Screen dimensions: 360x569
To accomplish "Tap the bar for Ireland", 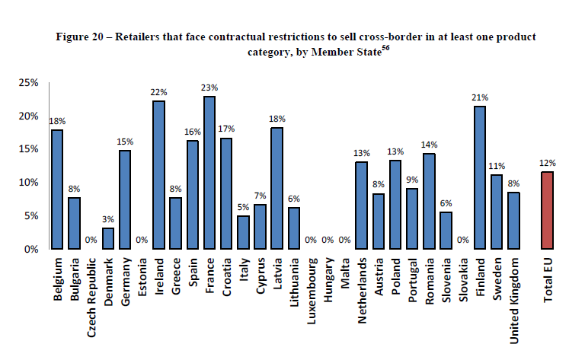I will tap(158, 175).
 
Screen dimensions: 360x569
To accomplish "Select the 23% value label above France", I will tap(209, 88).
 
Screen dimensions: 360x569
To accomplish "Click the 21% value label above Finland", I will tap(480, 98).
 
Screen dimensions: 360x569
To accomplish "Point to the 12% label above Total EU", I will tap(547, 163).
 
